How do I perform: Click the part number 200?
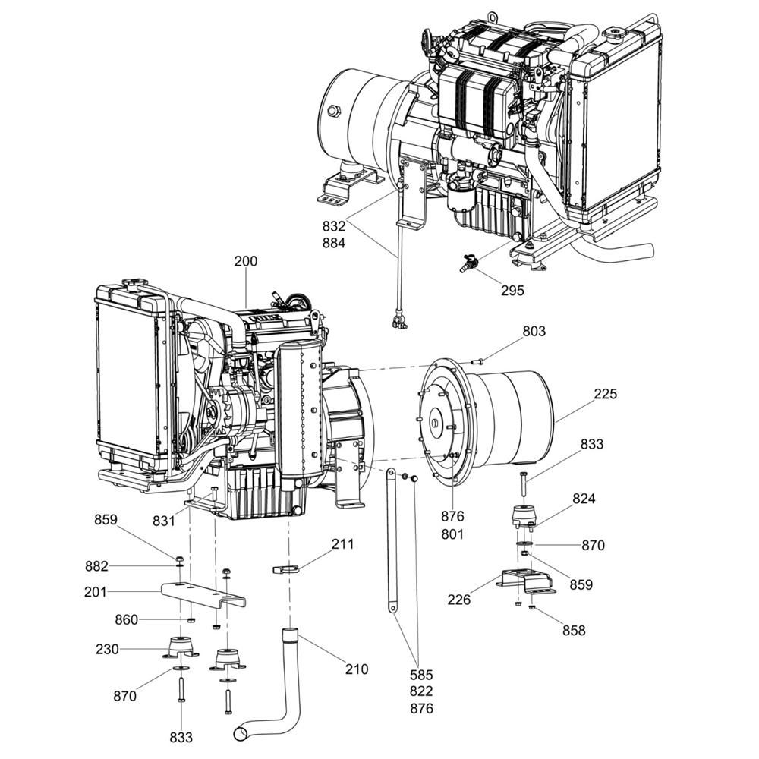coord(245,261)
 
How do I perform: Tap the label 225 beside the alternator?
coord(606,394)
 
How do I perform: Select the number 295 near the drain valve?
coord(512,290)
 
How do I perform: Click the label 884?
coord(333,244)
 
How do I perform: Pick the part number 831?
coord(162,521)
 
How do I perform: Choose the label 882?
coord(96,565)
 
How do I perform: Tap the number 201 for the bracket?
coord(96,591)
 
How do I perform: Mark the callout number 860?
coord(126,620)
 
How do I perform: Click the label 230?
coord(107,650)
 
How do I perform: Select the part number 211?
coord(342,544)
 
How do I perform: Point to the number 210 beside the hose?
coord(356,669)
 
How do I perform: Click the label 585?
coord(421,674)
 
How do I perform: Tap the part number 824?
coord(584,499)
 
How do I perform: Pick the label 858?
coord(574,630)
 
